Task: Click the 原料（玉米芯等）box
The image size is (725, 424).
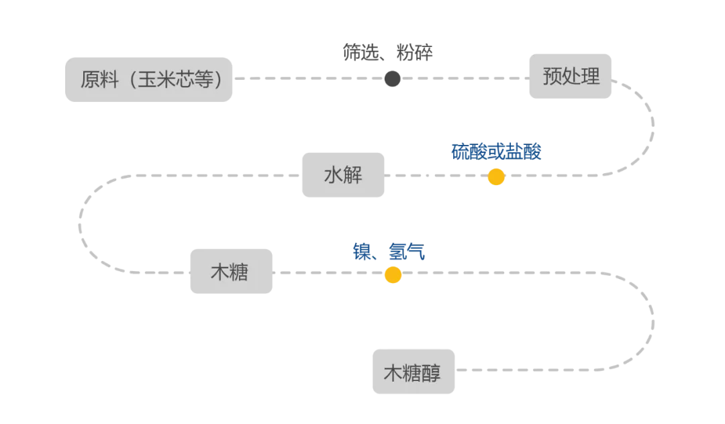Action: click(x=148, y=80)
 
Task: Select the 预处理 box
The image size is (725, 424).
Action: click(x=571, y=76)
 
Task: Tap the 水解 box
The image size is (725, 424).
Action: click(x=343, y=175)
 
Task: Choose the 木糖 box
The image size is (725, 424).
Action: click(x=231, y=272)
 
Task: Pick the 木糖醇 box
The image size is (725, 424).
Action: click(x=414, y=372)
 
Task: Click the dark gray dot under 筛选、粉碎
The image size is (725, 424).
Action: click(x=393, y=79)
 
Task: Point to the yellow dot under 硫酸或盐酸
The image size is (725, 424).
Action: click(x=496, y=177)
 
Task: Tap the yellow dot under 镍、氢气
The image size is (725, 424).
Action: click(x=393, y=274)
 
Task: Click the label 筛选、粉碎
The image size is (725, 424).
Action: click(x=388, y=53)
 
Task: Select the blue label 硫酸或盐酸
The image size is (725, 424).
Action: click(x=497, y=152)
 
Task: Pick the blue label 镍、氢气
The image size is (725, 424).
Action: click(x=389, y=252)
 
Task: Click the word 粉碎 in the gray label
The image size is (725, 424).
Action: click(x=415, y=53)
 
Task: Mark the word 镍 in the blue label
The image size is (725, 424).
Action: click(x=362, y=252)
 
